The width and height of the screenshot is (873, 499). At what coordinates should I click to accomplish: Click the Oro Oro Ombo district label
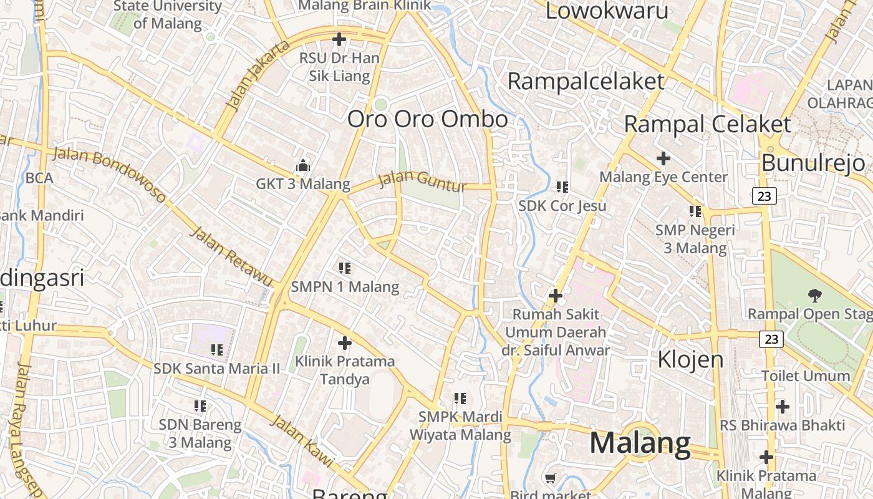(x=427, y=119)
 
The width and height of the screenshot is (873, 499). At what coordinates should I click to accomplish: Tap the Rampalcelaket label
(x=586, y=81)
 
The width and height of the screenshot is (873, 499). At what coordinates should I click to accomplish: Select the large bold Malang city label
(x=640, y=443)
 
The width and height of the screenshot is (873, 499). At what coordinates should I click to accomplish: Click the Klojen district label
(x=691, y=359)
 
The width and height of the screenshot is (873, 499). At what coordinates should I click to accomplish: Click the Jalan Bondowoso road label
(x=110, y=174)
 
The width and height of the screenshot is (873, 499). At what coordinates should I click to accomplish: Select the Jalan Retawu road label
(x=231, y=256)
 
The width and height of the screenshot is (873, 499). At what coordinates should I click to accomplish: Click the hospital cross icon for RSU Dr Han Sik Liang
(x=339, y=40)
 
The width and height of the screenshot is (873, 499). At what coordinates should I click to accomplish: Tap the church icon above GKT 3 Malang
(x=303, y=165)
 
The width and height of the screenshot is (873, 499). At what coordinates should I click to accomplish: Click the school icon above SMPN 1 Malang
(x=345, y=268)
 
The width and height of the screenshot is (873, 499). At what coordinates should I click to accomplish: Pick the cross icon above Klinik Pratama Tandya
(x=345, y=342)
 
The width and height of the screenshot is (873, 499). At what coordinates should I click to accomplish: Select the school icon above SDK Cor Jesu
(x=562, y=187)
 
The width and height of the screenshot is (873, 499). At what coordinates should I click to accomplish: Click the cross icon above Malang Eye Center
(x=663, y=158)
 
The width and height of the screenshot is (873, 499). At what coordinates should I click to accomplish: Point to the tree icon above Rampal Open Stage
(x=814, y=295)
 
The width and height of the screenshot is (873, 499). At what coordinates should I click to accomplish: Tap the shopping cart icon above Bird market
(x=550, y=478)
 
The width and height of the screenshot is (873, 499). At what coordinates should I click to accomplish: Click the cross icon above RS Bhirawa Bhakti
(x=783, y=407)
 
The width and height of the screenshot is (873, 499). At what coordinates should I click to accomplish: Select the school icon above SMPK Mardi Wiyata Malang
(x=460, y=398)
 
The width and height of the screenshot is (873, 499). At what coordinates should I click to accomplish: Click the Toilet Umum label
(x=806, y=376)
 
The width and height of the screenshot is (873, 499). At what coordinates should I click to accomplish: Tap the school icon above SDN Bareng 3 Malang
(x=200, y=406)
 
